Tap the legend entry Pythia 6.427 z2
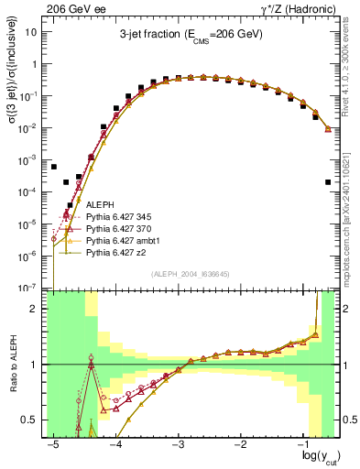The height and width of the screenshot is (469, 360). [x=115, y=252]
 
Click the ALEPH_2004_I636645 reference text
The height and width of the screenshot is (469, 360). [x=191, y=273]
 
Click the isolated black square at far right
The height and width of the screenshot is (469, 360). [x=328, y=182]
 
